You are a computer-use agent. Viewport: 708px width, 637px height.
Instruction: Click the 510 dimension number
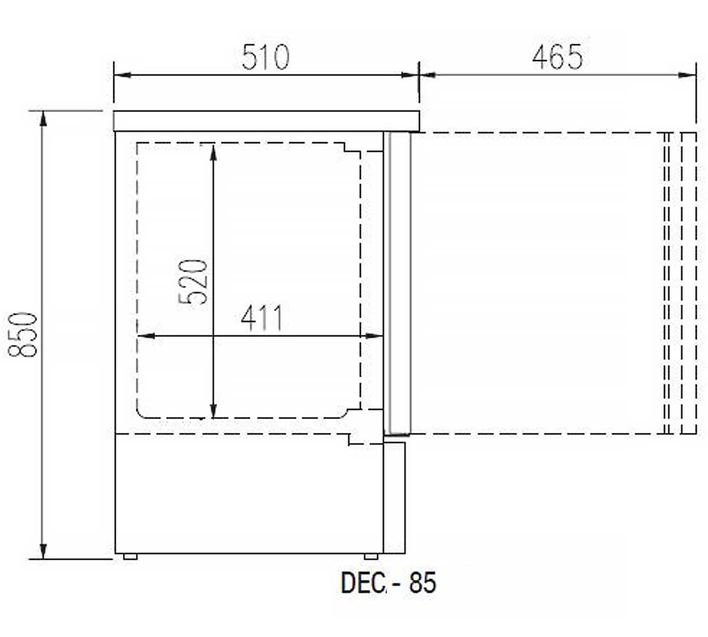click(x=265, y=57)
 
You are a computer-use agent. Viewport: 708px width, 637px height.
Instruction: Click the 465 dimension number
click(x=558, y=57)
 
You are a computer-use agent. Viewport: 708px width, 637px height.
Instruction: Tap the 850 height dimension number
click(x=22, y=334)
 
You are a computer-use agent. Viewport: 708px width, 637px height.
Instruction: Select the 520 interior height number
click(x=193, y=281)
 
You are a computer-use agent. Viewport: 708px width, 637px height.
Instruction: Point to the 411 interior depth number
click(x=261, y=318)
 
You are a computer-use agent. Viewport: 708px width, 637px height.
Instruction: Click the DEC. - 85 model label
click(x=389, y=583)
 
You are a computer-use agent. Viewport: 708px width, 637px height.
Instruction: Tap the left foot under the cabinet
click(x=130, y=557)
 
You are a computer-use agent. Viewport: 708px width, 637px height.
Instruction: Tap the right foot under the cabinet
click(x=371, y=557)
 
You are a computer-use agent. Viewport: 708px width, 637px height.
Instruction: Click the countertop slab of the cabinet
click(x=267, y=121)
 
